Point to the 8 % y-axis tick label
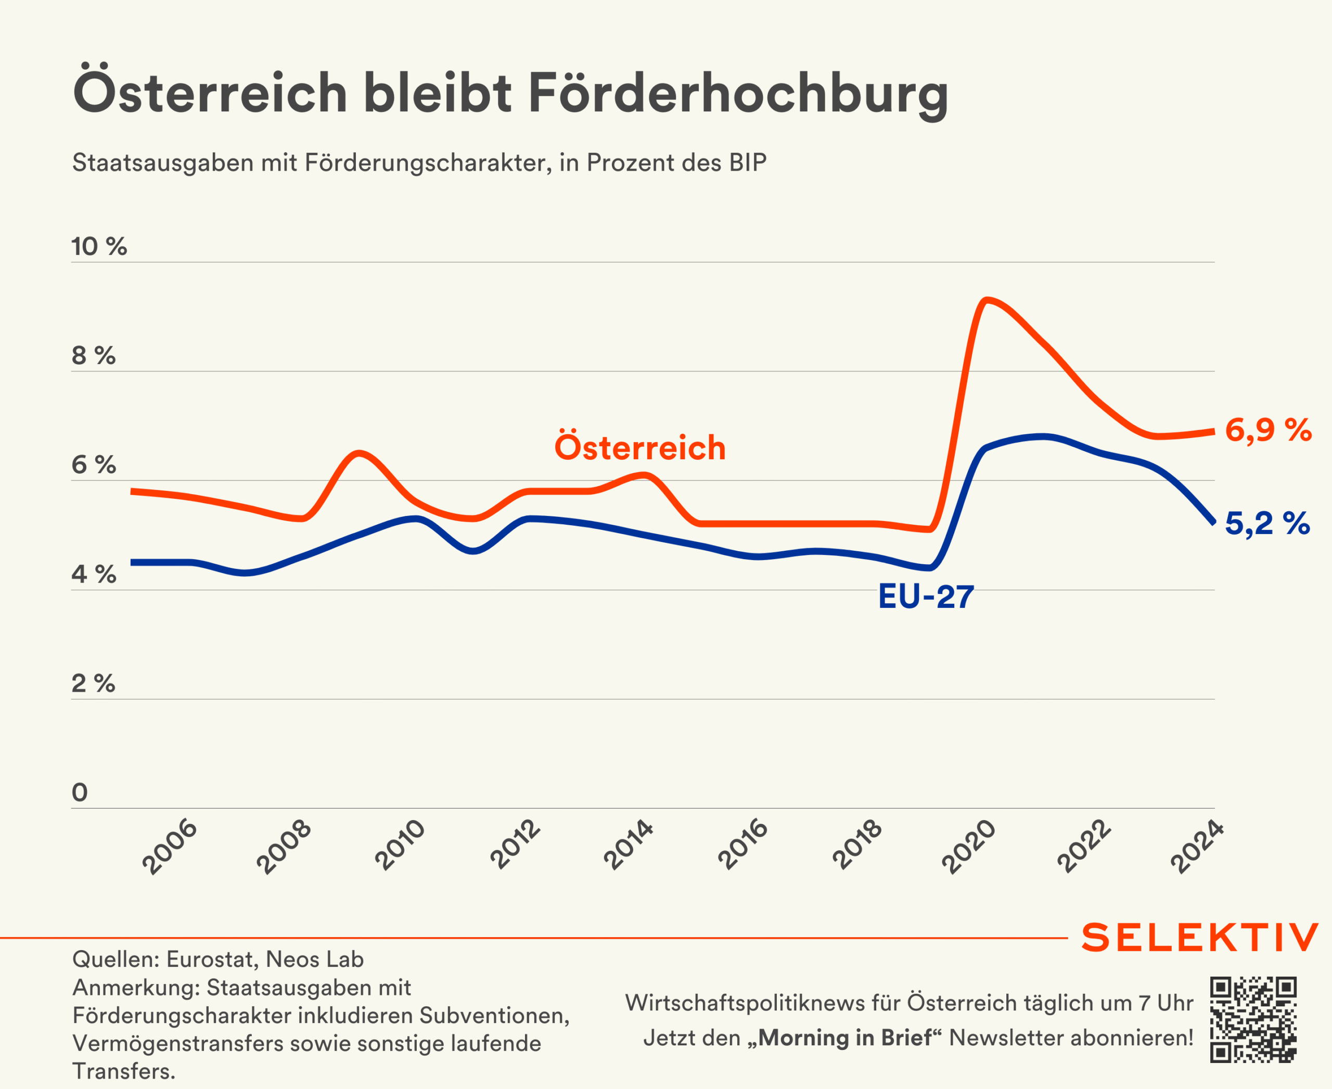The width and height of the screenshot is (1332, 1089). [94, 356]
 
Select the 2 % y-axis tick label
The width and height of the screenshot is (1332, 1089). [94, 683]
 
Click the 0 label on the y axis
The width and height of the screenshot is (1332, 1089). [80, 792]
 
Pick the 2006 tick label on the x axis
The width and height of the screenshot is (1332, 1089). [170, 846]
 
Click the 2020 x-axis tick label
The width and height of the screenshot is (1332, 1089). [968, 846]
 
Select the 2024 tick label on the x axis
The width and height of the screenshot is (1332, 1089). [1197, 846]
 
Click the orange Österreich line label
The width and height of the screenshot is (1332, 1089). [639, 447]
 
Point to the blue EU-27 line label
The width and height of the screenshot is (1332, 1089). [926, 596]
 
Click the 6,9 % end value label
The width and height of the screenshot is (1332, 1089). [1268, 430]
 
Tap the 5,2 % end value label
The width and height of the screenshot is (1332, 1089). [1267, 523]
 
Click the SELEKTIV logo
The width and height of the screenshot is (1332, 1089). [1199, 938]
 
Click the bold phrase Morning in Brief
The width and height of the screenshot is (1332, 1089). [844, 1038]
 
